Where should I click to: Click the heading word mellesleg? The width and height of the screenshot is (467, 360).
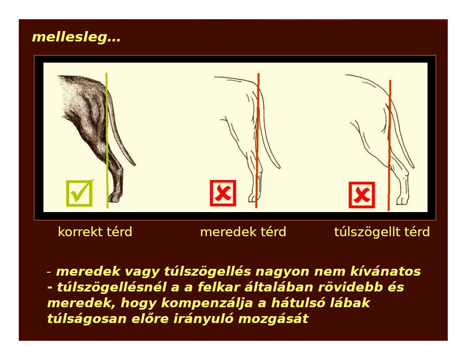pos(76,37)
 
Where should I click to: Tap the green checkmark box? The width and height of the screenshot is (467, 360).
pos(79,193)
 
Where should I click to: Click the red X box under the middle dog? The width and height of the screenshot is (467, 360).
pos(223,193)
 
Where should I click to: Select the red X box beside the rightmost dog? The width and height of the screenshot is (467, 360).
pos(361,195)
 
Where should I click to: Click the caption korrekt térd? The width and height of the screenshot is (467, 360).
pos(95,232)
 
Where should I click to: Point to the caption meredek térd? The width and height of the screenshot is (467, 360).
pos(243,232)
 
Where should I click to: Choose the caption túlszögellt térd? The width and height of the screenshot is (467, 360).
pos(382,232)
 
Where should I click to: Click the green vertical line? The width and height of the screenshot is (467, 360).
pos(107,141)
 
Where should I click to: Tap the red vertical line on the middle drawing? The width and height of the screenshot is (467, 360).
pos(257,141)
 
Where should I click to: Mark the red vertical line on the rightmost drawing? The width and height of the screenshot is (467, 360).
pos(389,145)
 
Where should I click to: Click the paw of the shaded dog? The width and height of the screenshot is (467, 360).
pos(115,197)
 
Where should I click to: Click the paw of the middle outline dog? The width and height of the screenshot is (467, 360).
pos(253,198)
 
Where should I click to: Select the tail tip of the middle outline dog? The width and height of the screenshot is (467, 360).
pos(279,167)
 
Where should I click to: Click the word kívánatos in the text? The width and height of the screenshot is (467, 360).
pos(386,271)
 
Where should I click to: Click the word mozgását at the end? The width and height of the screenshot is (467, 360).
pos(273,319)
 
